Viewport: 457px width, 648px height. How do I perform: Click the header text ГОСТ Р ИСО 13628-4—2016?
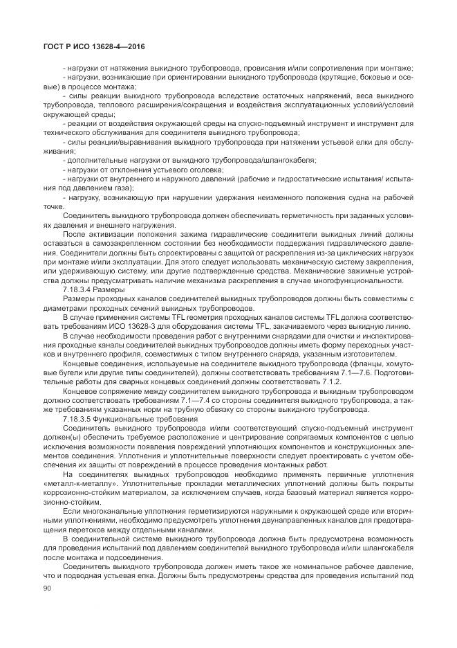click(89, 47)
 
